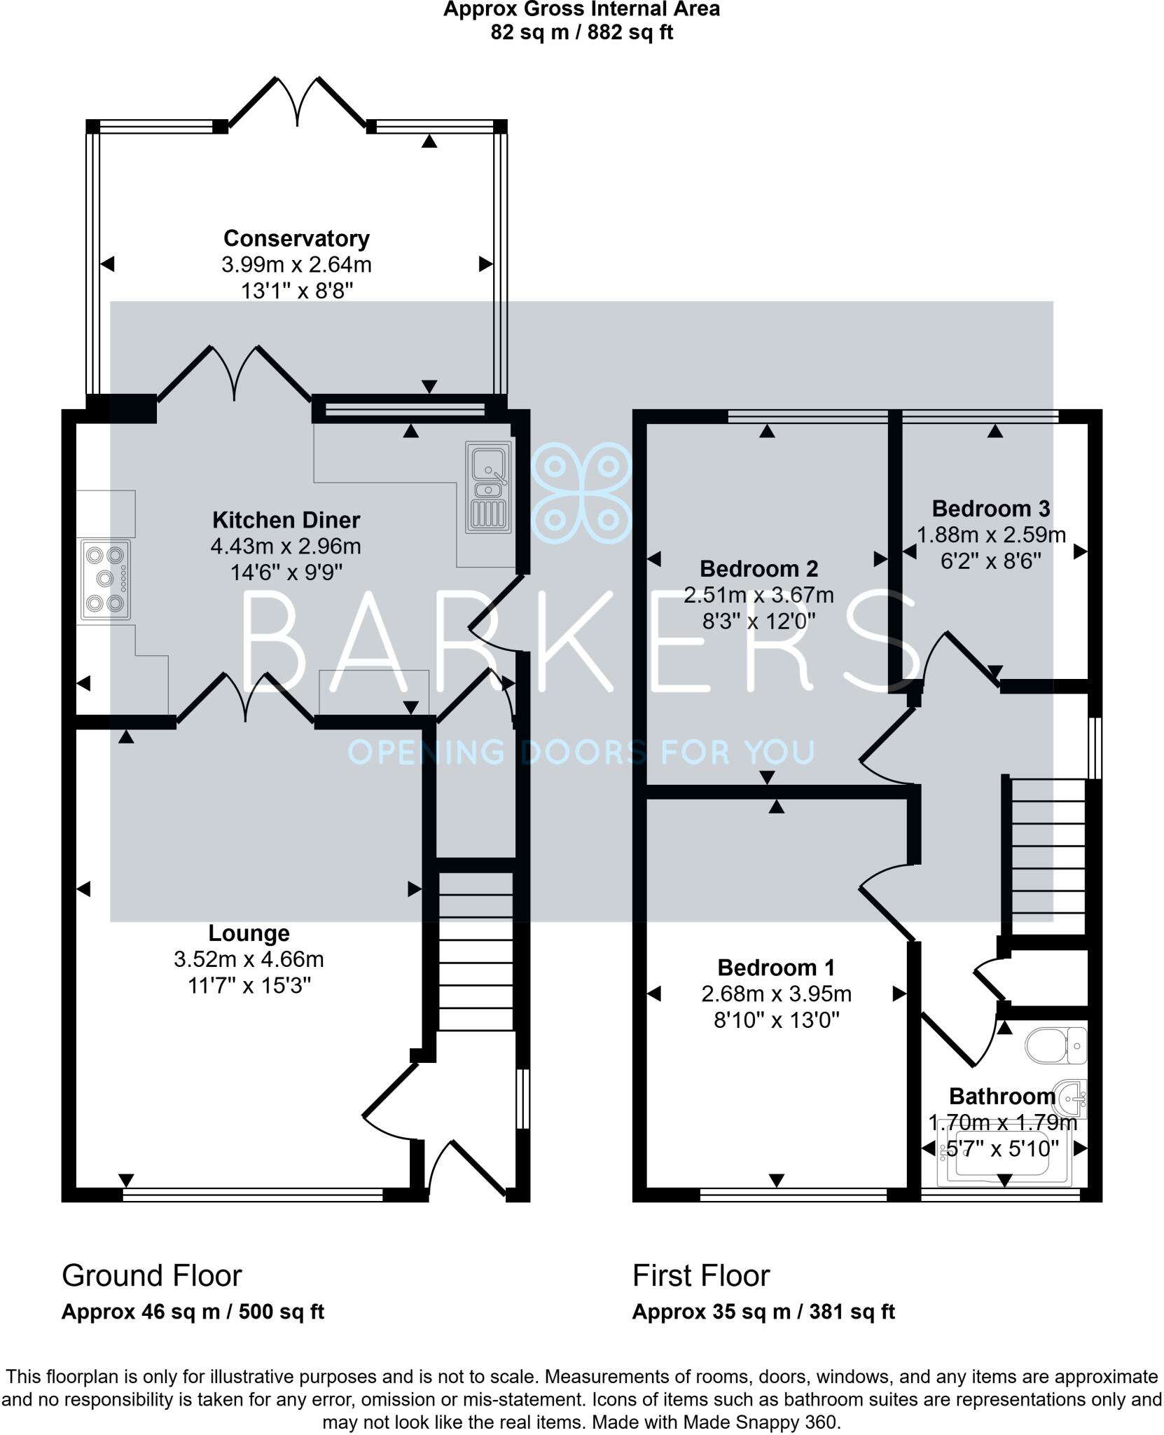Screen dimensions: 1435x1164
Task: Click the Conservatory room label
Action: pyautogui.click(x=296, y=239)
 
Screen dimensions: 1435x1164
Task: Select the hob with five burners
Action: pyautogui.click(x=106, y=579)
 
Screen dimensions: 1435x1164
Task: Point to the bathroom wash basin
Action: pyautogui.click(x=1072, y=1098)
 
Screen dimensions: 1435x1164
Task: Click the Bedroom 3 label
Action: pyautogui.click(x=990, y=509)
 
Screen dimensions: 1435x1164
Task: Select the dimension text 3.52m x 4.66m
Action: pyautogui.click(x=249, y=959)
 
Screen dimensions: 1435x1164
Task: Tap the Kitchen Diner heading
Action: pyautogui.click(x=286, y=520)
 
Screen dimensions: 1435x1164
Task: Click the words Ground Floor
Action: pyautogui.click(x=152, y=1276)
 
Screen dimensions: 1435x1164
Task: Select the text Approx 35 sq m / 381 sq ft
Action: pyautogui.click(x=763, y=1312)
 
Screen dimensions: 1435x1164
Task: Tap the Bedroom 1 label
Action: pyautogui.click(x=776, y=968)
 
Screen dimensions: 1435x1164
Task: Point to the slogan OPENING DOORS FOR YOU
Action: pyautogui.click(x=581, y=753)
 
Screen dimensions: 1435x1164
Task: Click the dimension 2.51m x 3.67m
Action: pyautogui.click(x=758, y=596)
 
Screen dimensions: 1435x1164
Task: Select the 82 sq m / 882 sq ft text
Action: pyautogui.click(x=581, y=32)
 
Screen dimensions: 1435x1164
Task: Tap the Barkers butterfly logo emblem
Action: pyautogui.click(x=581, y=493)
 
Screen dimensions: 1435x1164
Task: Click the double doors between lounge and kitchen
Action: pyautogui.click(x=245, y=698)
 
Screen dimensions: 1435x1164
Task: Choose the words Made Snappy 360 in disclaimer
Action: pyautogui.click(x=759, y=1423)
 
